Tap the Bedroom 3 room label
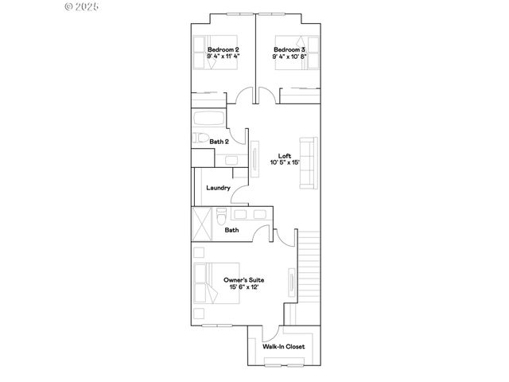(289, 49)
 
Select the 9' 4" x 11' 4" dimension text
(223, 57)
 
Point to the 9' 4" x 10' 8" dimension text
(289, 57)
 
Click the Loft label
(284, 155)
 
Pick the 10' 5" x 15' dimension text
(284, 163)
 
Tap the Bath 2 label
(220, 142)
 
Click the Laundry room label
(218, 188)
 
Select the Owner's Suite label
(244, 279)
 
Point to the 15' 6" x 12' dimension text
(244, 287)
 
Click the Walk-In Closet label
(284, 347)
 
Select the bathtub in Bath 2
(208, 119)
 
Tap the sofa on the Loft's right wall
(308, 163)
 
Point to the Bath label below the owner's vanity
(231, 230)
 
